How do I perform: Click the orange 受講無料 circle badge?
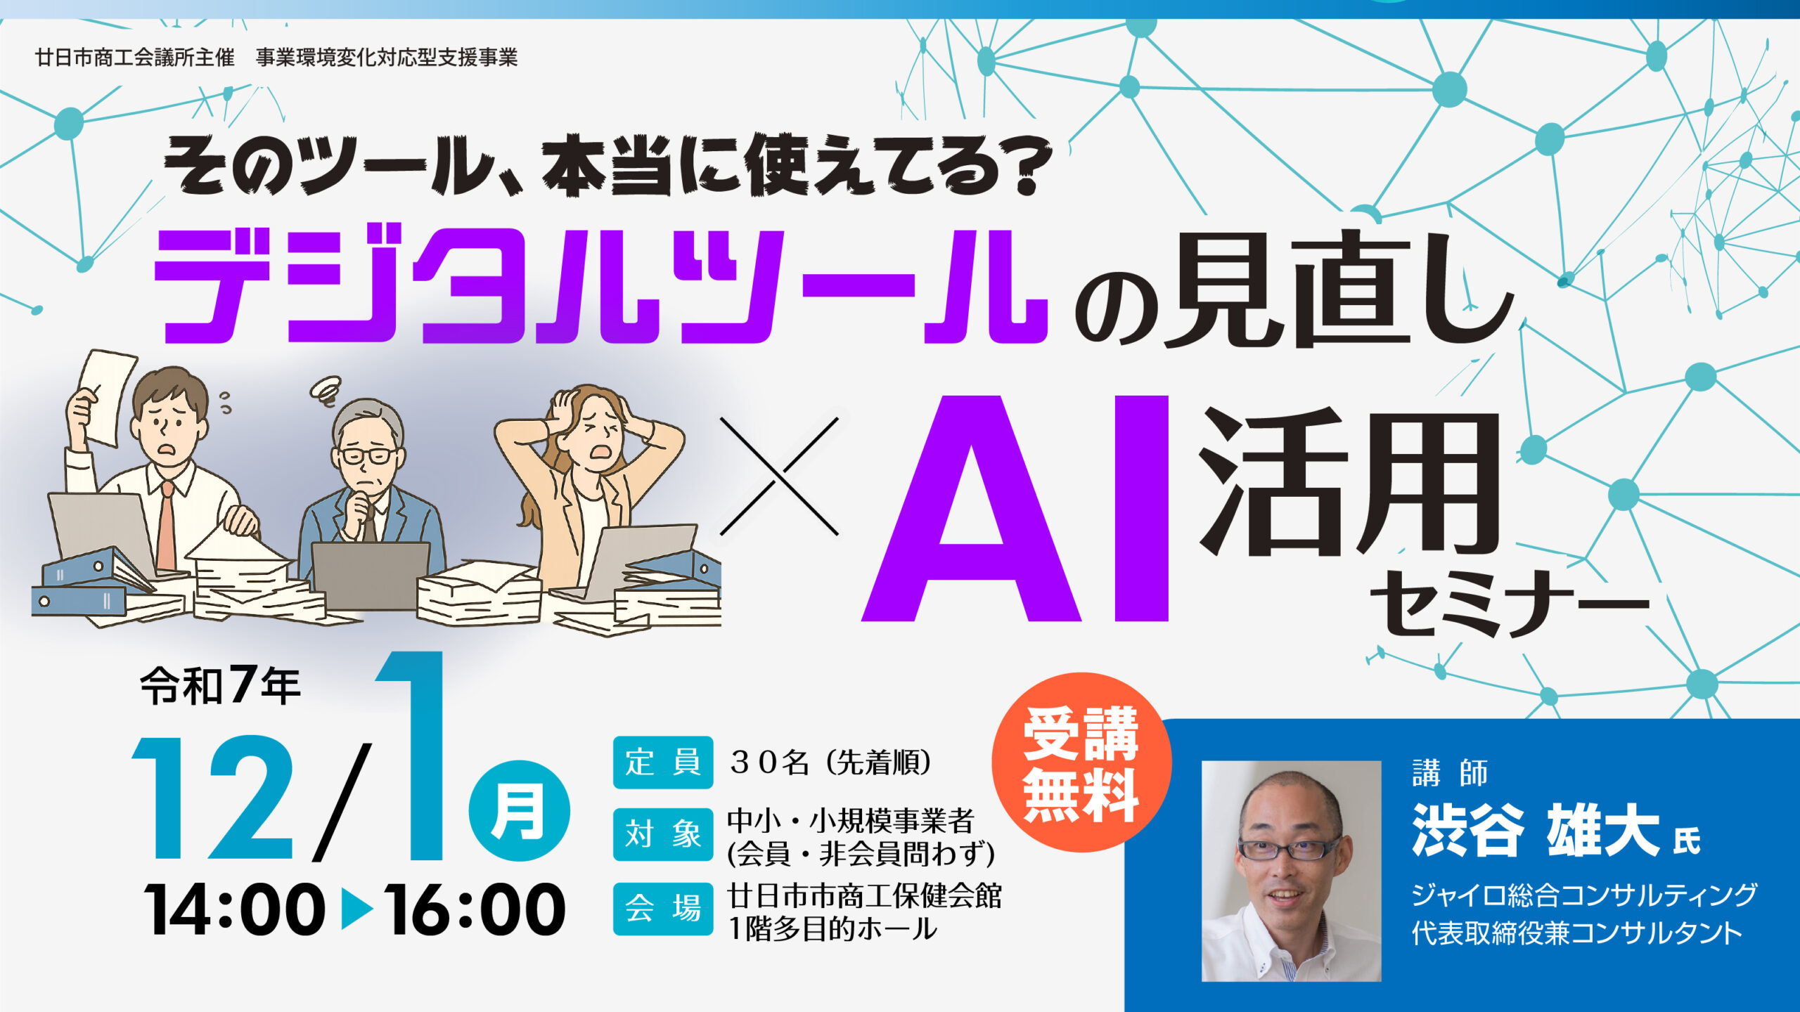tap(1081, 763)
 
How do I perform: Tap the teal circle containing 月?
tap(520, 810)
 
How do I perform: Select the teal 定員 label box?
tap(663, 762)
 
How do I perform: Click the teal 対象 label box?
tap(663, 835)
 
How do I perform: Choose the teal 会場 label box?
tap(663, 909)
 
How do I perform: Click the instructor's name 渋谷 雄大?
tap(1536, 830)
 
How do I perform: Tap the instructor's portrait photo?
tap(1291, 871)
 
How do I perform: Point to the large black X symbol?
tap(779, 476)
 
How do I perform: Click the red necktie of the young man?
tap(167, 524)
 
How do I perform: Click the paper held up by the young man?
tap(107, 397)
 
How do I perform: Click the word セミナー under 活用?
tap(1509, 603)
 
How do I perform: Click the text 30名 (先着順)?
tap(830, 762)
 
